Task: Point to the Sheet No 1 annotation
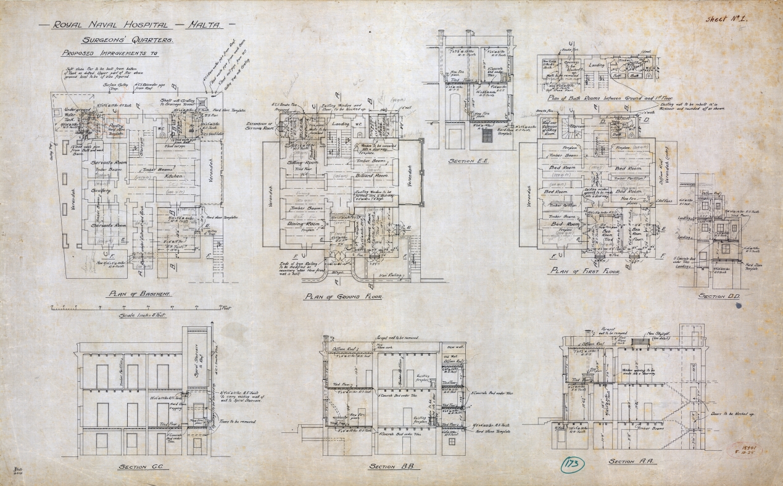pyautogui.click(x=727, y=19)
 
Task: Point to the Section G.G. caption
pyautogui.click(x=145, y=466)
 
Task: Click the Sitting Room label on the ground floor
pyautogui.click(x=302, y=163)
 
